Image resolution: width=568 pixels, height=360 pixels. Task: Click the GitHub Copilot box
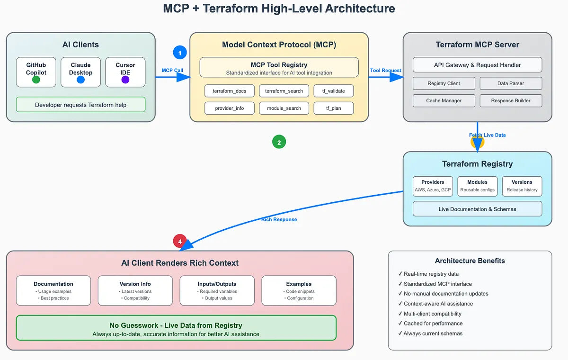[36, 72]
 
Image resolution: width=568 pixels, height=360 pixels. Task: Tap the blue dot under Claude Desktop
[80, 80]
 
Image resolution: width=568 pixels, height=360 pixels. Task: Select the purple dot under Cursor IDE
[125, 80]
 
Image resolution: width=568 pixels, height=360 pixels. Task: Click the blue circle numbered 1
[180, 52]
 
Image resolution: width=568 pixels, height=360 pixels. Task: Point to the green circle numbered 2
[279, 142]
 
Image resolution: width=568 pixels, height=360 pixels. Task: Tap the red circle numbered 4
[179, 241]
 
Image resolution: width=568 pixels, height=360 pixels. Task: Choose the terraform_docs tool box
[230, 91]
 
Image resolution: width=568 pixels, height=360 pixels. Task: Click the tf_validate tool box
[333, 91]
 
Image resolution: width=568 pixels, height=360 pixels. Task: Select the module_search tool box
[284, 108]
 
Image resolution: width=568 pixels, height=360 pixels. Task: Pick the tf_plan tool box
[333, 108]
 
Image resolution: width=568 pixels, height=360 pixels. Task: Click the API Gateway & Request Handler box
[477, 65]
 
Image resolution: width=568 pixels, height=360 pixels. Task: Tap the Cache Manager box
[444, 100]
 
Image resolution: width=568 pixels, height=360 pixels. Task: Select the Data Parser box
[510, 83]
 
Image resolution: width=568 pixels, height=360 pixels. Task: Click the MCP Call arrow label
[172, 71]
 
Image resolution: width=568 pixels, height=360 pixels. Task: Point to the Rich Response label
[279, 219]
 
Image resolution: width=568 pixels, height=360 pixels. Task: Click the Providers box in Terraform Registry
[433, 186]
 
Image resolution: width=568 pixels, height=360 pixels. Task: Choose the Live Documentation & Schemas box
[477, 209]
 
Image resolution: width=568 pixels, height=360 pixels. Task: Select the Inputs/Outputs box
[217, 290]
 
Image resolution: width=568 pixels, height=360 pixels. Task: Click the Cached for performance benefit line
[433, 324]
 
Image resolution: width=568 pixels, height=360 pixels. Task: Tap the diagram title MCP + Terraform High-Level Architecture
[279, 9]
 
